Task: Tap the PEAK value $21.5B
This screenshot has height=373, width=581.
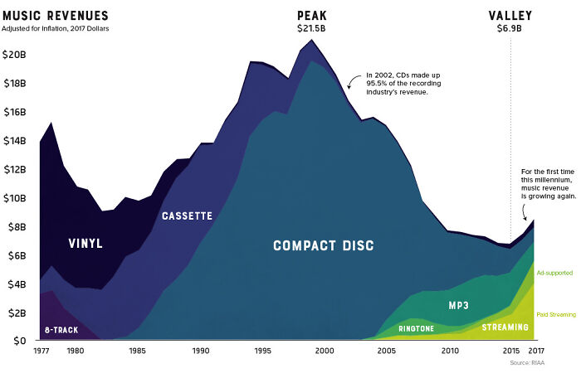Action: point(312,29)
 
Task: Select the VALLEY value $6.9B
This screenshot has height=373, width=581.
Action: point(510,29)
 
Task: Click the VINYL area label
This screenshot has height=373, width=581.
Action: point(85,244)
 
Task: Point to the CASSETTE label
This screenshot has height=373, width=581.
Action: point(187,216)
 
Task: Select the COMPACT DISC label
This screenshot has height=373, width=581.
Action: point(324,246)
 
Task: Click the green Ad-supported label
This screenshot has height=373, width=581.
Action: point(554,273)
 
